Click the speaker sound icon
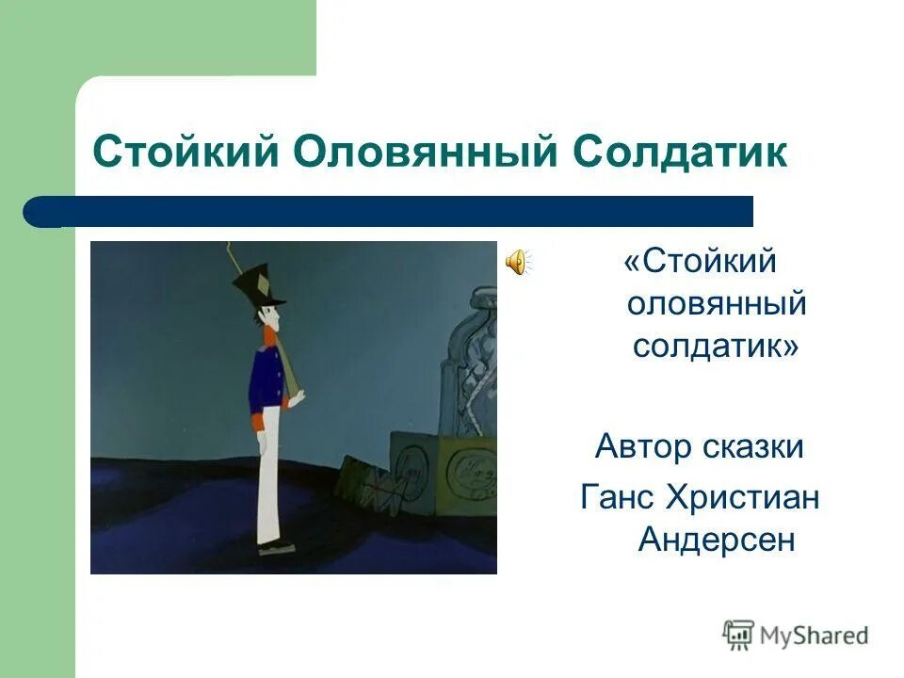[517, 263]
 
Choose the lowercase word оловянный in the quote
[717, 303]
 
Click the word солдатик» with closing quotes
[716, 346]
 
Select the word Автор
[643, 446]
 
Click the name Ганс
[617, 497]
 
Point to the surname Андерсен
[717, 540]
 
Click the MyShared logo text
[814, 636]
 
